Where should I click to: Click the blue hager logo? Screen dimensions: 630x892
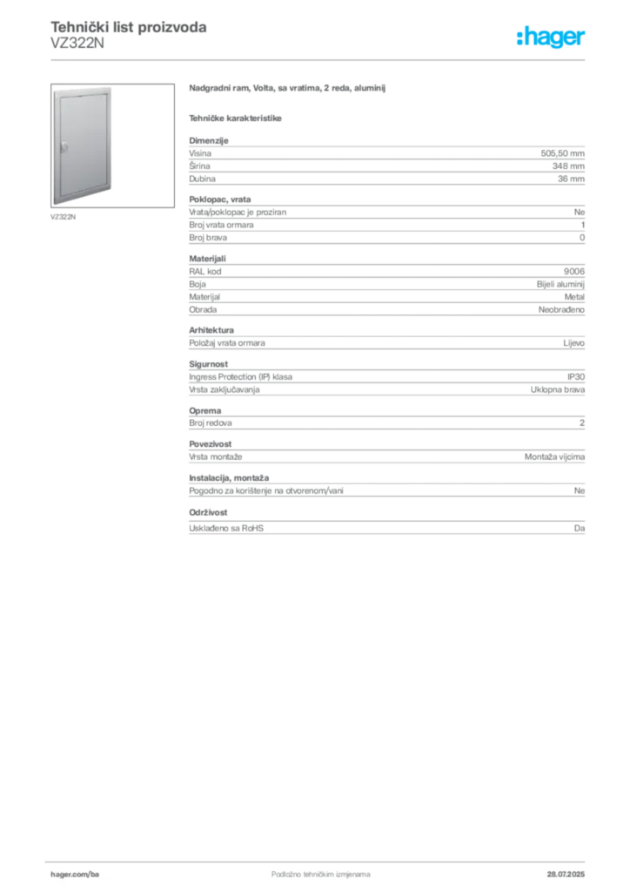553,37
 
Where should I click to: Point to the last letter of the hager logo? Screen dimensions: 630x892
585,38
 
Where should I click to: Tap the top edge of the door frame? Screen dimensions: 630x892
82,87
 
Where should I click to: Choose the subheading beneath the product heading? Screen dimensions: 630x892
237,117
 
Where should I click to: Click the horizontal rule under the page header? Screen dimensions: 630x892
320,58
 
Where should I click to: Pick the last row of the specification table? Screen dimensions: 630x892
386,525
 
